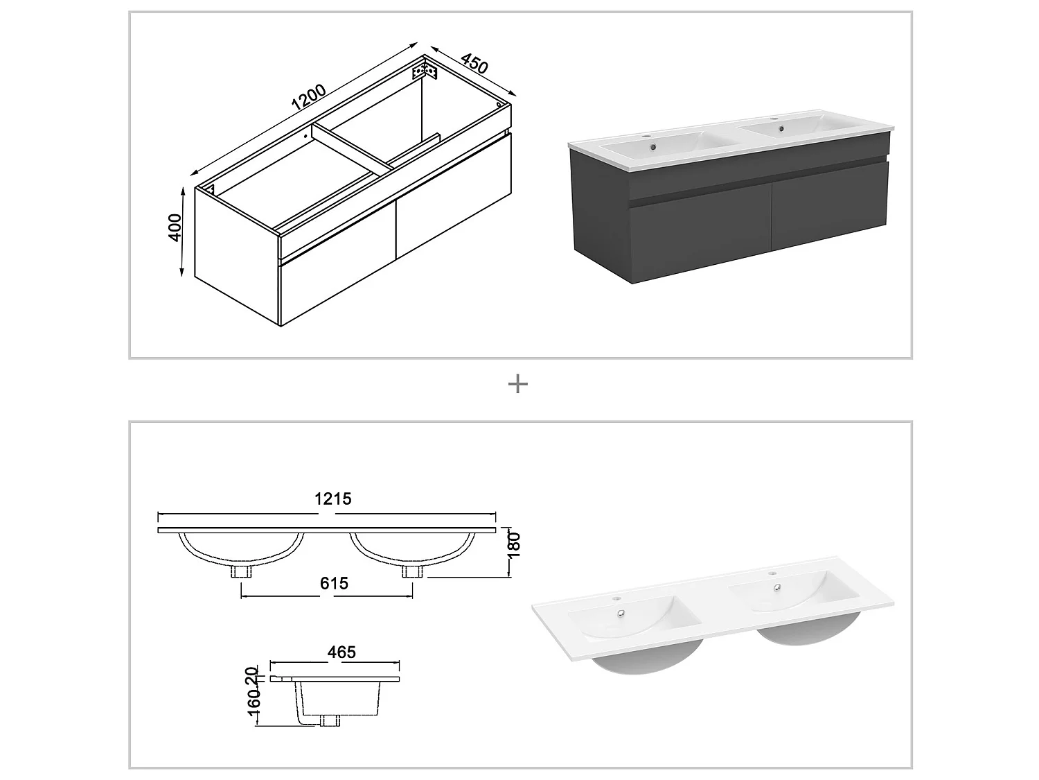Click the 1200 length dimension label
click(x=308, y=98)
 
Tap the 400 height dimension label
click(x=175, y=227)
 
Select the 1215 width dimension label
click(x=333, y=499)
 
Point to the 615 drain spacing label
click(x=334, y=584)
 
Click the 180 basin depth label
click(x=513, y=545)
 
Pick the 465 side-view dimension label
click(x=341, y=652)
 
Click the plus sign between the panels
click(x=518, y=384)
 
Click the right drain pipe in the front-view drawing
click(x=412, y=571)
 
